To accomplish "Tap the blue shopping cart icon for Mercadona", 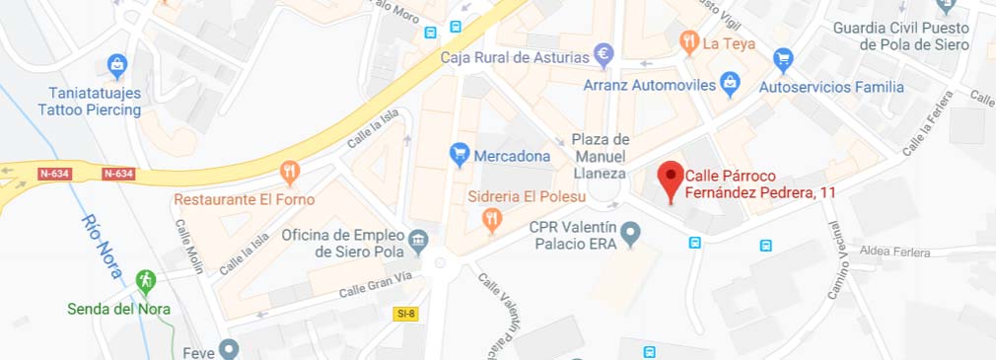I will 459,154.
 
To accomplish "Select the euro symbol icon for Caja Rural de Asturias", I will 605,53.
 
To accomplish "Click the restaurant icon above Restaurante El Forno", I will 289,174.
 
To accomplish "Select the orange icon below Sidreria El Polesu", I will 492,222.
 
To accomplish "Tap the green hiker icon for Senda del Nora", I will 146,282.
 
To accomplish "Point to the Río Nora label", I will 103,246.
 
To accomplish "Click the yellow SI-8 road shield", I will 405,314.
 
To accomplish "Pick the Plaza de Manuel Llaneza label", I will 600,156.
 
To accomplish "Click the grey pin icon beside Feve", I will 229,348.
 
